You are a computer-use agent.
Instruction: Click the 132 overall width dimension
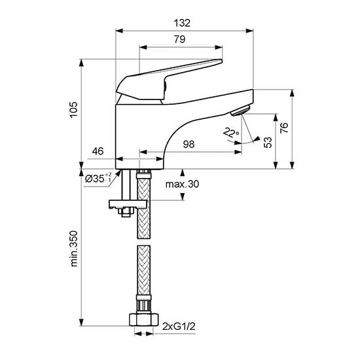(182, 23)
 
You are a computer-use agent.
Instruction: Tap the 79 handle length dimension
(179, 39)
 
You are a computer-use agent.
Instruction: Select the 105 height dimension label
(74, 110)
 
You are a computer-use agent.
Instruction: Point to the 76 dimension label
(284, 128)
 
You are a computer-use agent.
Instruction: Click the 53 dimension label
(268, 142)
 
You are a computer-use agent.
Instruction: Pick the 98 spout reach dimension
(189, 144)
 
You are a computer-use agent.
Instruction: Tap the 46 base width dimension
(98, 151)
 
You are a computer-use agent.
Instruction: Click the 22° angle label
(231, 132)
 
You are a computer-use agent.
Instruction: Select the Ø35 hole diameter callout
(98, 178)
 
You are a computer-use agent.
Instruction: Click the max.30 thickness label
(183, 184)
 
